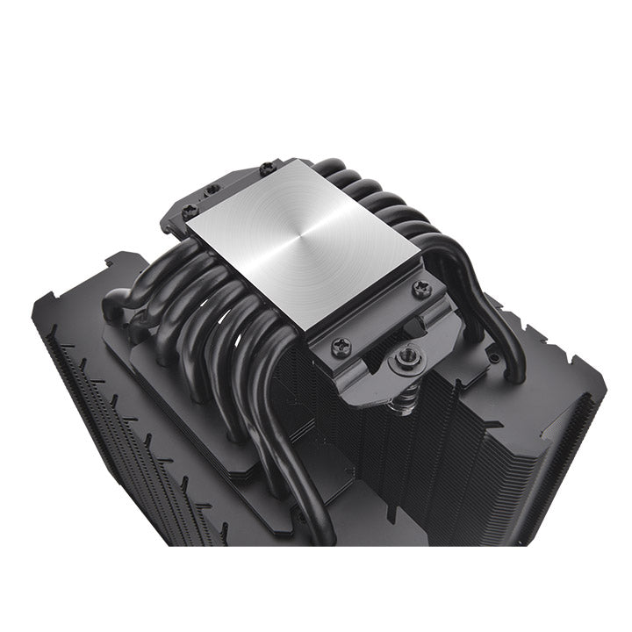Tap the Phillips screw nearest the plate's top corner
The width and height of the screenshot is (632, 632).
click(x=266, y=167)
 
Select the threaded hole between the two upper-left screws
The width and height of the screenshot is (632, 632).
click(x=212, y=188)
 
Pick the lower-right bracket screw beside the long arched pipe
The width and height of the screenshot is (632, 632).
click(x=422, y=288)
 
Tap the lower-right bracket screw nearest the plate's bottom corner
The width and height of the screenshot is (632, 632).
click(x=340, y=347)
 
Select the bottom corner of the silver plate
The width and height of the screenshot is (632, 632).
click(x=311, y=332)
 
